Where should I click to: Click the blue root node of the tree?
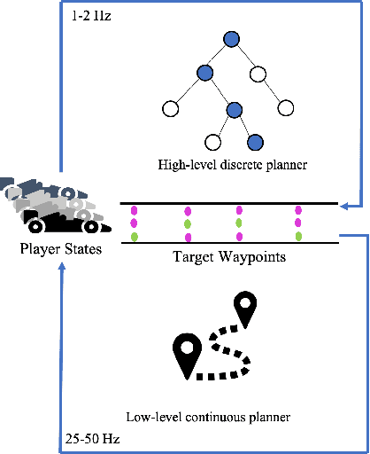coord(232,39)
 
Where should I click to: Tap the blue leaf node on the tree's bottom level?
coord(256,141)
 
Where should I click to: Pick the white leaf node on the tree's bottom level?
coord(212,141)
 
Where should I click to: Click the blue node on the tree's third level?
coord(235,109)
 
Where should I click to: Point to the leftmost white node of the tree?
coord(170,109)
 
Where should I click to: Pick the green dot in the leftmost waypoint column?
coord(135,236)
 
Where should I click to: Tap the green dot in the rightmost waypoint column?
coord(298,236)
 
